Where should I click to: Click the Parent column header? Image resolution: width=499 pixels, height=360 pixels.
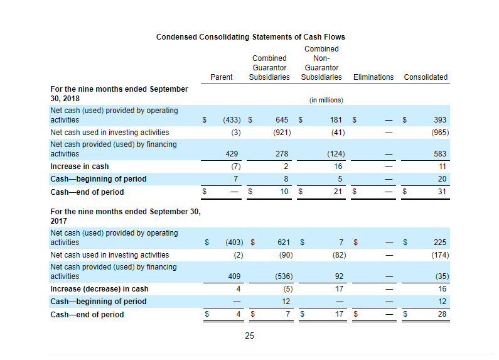pos(221,77)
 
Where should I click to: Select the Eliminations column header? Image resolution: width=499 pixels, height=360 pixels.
pos(373,77)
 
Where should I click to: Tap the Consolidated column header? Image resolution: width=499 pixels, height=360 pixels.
pos(426,77)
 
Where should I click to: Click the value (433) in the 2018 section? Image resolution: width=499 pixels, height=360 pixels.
pos(232,120)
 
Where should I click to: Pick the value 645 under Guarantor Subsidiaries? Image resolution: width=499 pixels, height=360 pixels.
pos(282,120)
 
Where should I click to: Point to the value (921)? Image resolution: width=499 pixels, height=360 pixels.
pos(282,132)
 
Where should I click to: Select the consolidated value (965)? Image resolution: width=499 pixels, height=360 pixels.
pos(440,132)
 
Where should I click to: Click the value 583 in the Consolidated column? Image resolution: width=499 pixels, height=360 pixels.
pos(440,154)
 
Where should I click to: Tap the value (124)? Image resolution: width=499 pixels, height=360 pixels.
pos(336,154)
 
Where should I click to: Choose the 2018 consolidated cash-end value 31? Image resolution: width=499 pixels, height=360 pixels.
pos(442,192)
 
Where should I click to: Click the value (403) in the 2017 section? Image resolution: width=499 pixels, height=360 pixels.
pos(234,243)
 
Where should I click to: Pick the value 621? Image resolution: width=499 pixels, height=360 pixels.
pos(284,243)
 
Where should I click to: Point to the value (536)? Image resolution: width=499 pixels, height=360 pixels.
pos(284,276)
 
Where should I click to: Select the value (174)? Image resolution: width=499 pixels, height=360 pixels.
pos(440,255)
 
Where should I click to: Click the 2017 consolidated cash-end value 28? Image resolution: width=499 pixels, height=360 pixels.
pos(442,314)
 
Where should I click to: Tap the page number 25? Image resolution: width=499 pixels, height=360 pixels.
pos(250,335)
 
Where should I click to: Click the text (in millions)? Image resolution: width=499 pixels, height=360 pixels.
pos(326,100)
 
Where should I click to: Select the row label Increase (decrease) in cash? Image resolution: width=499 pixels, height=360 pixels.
pos(99,289)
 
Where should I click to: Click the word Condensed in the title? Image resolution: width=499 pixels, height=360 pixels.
pos(176,37)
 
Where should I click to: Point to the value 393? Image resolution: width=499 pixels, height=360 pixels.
pos(440,120)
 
